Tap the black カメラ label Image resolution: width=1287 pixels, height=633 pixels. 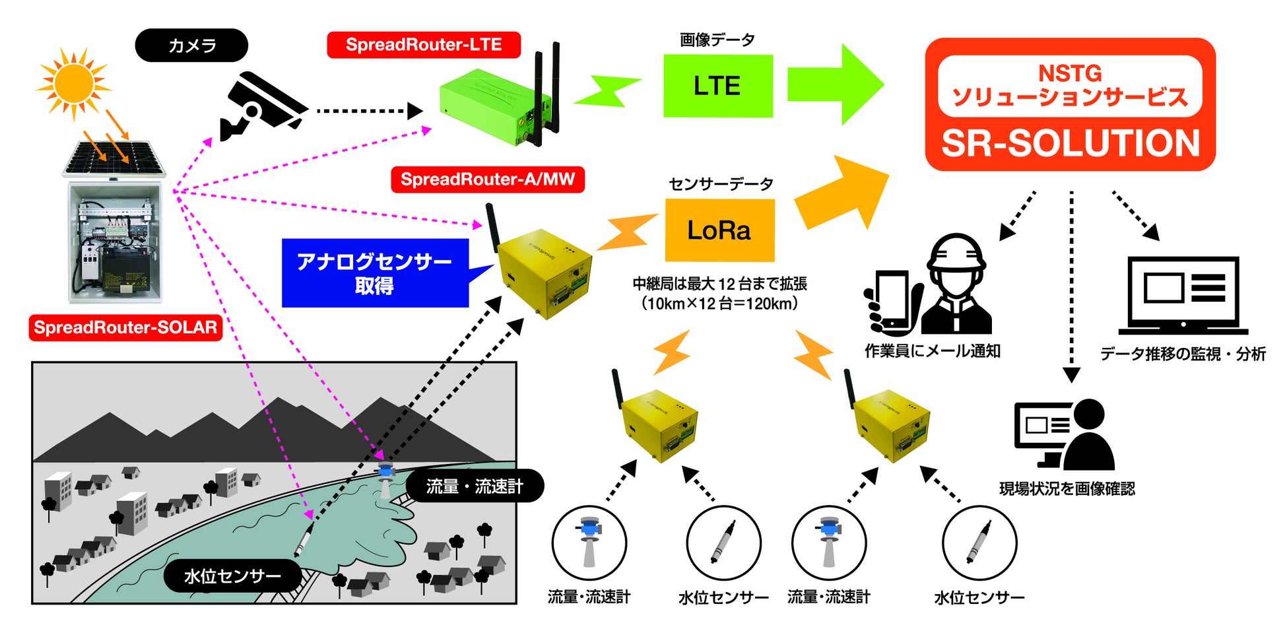191,46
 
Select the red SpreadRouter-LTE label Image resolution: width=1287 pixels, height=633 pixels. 424,45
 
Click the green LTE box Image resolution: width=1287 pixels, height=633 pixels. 717,86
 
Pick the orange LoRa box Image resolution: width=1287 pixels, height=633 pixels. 719,230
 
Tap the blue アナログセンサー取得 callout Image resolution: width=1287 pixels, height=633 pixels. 375,273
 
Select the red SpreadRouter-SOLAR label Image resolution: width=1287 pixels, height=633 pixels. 125,327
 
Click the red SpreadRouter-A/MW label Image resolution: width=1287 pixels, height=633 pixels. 488,180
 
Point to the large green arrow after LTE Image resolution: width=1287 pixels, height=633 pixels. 835,84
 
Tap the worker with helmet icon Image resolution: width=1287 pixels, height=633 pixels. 956,283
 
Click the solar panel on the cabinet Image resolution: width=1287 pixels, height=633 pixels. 114,158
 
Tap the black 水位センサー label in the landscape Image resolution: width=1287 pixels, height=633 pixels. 232,576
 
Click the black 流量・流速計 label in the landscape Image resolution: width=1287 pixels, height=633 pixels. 475,486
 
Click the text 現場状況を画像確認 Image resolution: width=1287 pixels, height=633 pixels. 1067,489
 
